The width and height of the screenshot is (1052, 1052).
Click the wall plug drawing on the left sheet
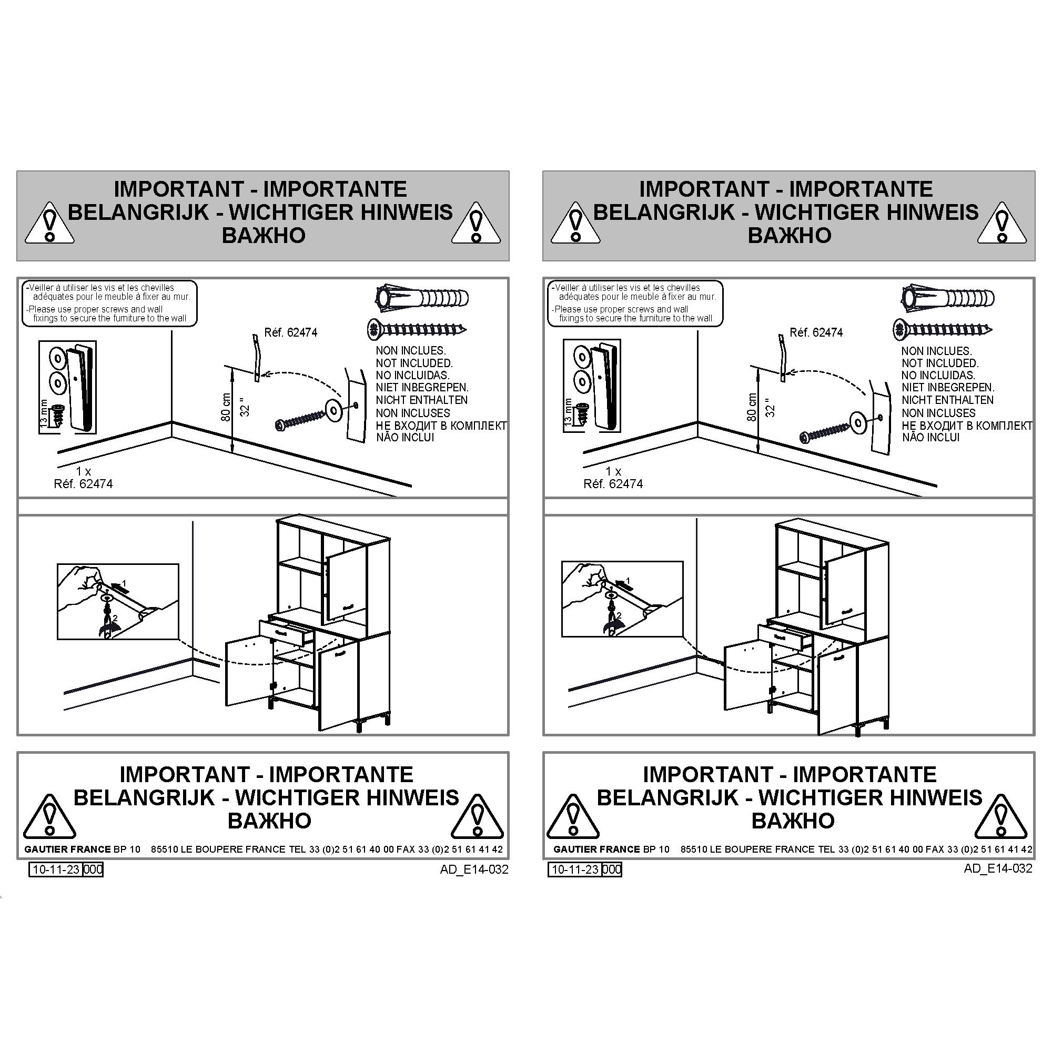[422, 298]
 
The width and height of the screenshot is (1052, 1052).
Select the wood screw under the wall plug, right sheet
[943, 329]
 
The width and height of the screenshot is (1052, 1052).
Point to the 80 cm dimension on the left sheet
[226, 407]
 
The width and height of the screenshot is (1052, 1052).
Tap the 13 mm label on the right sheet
[569, 412]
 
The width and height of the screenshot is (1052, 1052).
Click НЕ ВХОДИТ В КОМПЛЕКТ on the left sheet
[441, 425]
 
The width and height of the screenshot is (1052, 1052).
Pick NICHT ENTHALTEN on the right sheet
[947, 400]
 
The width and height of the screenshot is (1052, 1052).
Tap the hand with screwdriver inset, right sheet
[622, 600]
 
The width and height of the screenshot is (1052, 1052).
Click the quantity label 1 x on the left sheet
[83, 471]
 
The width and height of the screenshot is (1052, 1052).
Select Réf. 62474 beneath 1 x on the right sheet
[613, 483]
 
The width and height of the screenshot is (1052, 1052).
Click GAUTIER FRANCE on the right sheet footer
[596, 849]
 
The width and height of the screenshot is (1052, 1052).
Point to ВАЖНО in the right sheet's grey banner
[789, 235]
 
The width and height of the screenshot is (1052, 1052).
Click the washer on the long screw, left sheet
[333, 409]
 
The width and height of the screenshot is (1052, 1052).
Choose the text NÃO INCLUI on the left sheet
[405, 437]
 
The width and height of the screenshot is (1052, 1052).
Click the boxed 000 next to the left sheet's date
[93, 869]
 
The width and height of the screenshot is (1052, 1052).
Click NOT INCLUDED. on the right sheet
[940, 363]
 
